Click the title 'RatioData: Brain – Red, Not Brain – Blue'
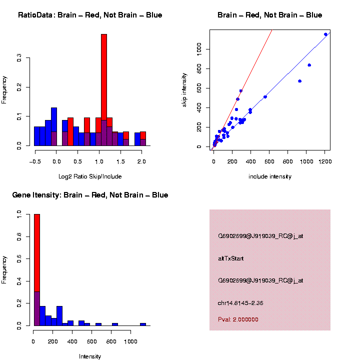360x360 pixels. (x=90, y=15)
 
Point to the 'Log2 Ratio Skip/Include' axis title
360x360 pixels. (x=90, y=176)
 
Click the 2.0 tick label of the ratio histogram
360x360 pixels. (x=141, y=161)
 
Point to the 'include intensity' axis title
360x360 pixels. (x=270, y=176)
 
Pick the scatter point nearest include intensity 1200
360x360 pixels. (x=325, y=34)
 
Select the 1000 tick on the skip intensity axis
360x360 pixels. (x=199, y=49)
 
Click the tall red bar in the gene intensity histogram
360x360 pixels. (x=36, y=250)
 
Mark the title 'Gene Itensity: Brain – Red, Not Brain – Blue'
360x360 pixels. (x=90, y=195)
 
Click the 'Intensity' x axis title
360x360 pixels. (x=90, y=356)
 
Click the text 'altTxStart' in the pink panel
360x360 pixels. (x=231, y=258)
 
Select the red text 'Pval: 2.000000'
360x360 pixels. (x=238, y=319)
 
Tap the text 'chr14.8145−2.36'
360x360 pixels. (x=240, y=303)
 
